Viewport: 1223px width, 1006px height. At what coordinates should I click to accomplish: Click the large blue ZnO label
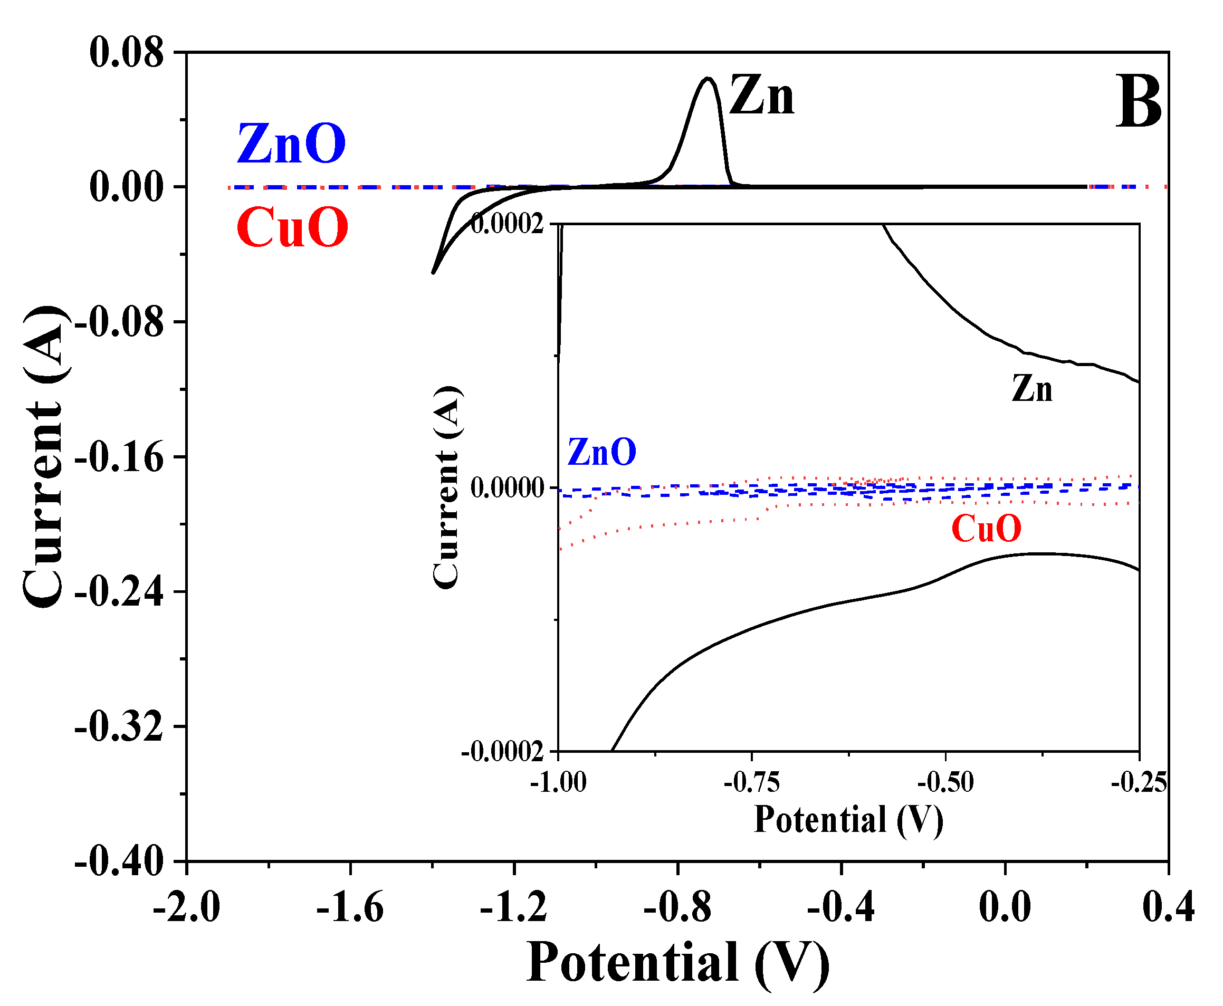pos(291,143)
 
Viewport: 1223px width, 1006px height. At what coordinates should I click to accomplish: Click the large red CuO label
pos(292,228)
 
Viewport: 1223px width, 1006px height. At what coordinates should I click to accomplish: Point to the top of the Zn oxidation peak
pos(708,78)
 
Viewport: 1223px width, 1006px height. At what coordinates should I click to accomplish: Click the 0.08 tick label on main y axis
pos(126,53)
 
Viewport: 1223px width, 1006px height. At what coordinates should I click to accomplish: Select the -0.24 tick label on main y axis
pos(119,592)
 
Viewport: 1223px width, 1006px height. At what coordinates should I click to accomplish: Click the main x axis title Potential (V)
pos(677,963)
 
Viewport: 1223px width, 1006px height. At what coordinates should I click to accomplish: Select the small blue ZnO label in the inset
pos(601,452)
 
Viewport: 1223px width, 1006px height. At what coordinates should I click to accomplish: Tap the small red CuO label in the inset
pos(986,529)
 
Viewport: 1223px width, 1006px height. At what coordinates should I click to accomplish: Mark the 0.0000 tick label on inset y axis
pos(507,487)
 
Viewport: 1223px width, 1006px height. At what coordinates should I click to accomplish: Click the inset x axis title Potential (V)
pos(848,820)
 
